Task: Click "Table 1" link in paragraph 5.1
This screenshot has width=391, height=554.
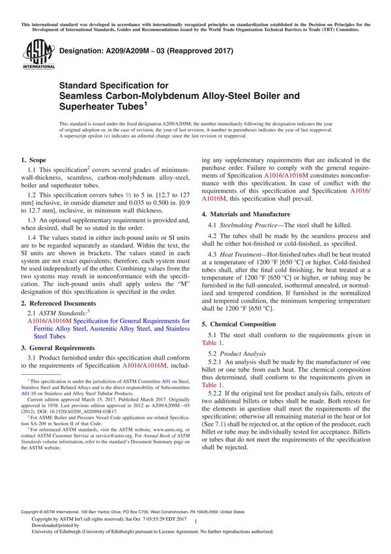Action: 213,343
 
